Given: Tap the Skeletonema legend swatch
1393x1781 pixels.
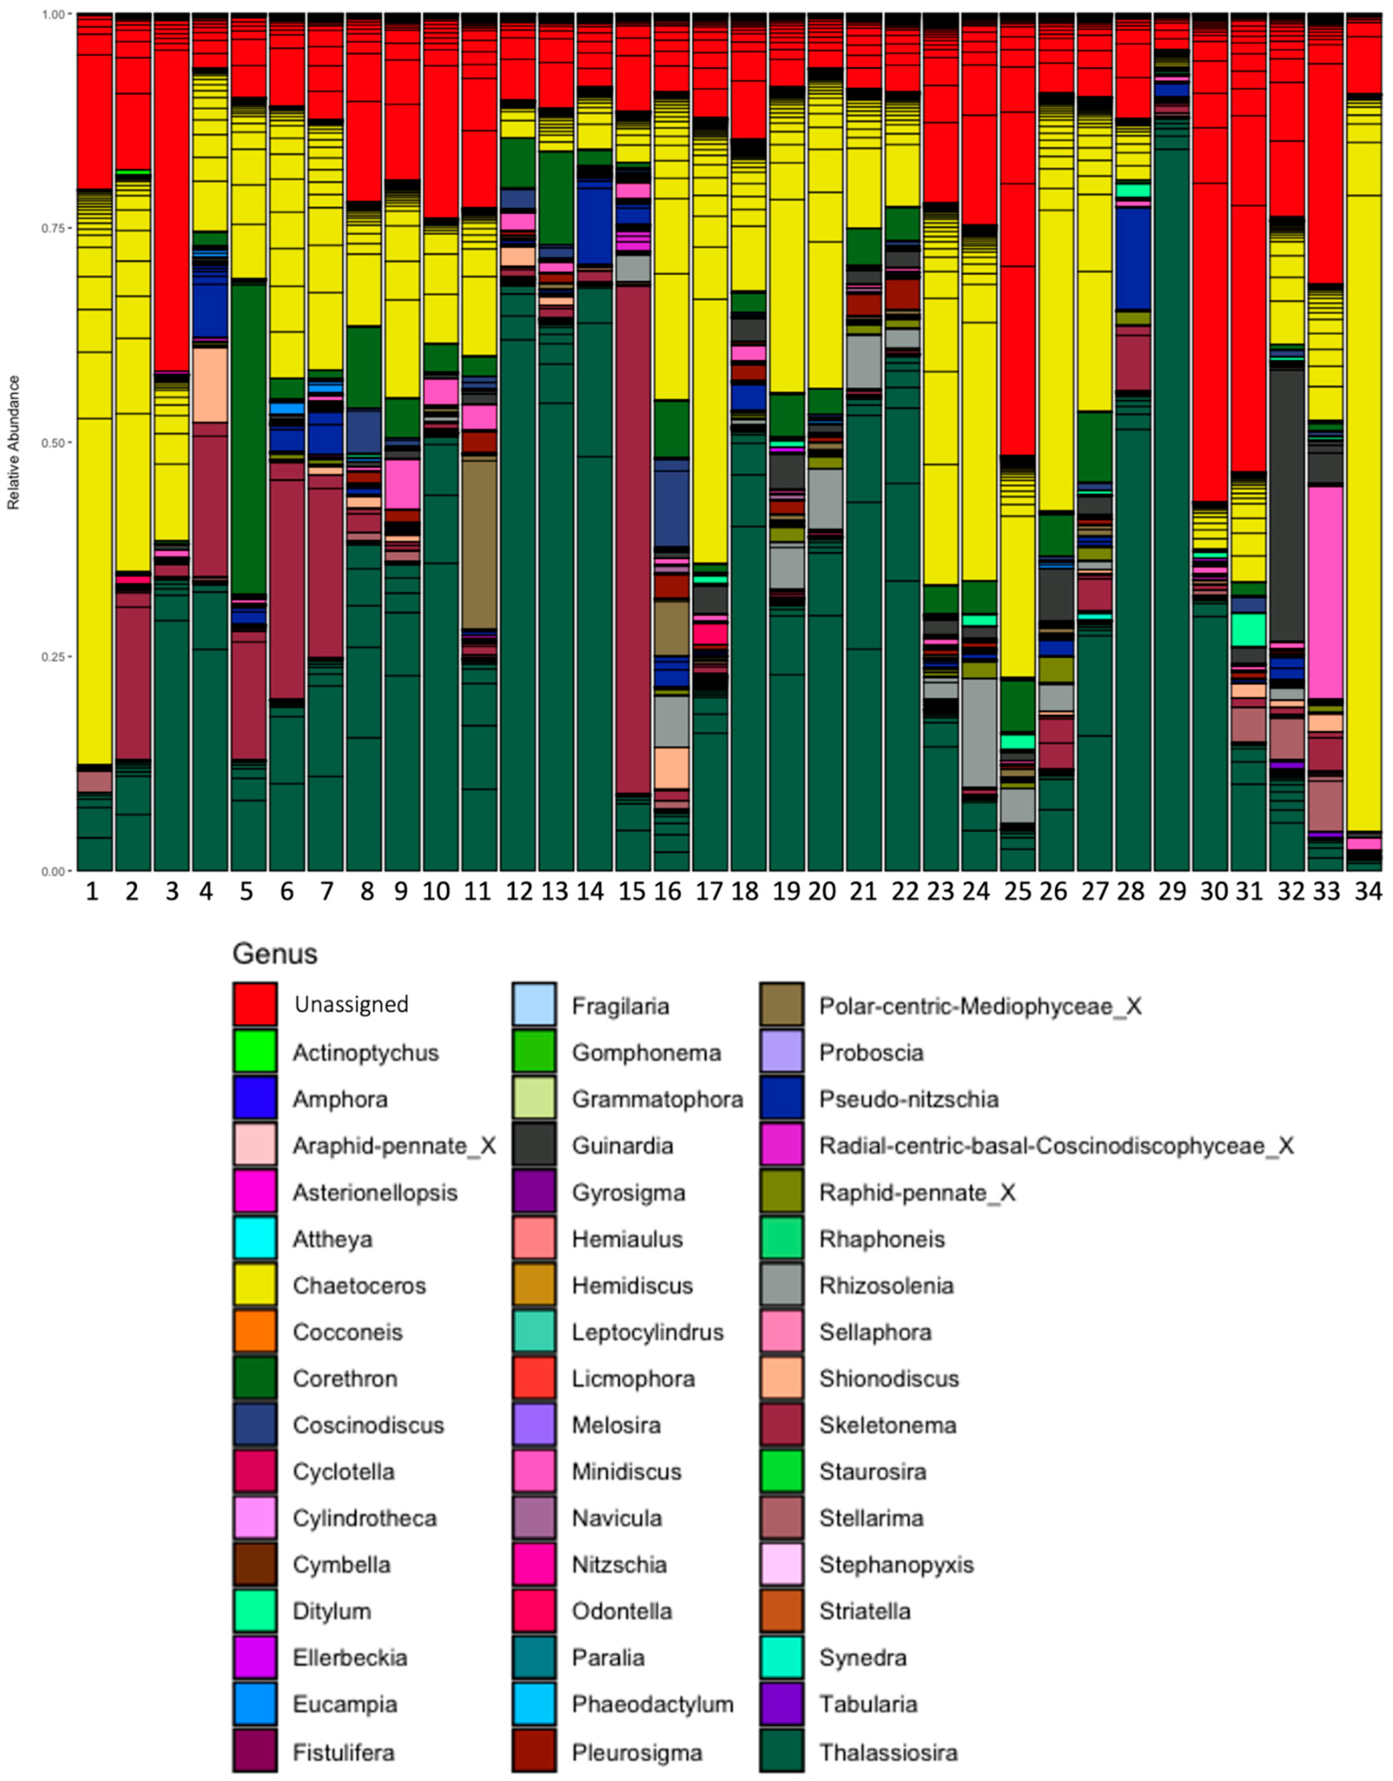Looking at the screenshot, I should tap(781, 1425).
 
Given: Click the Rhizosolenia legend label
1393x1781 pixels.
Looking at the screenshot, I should tap(886, 1285).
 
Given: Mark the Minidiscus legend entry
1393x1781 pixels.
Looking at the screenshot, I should tap(626, 1472).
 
